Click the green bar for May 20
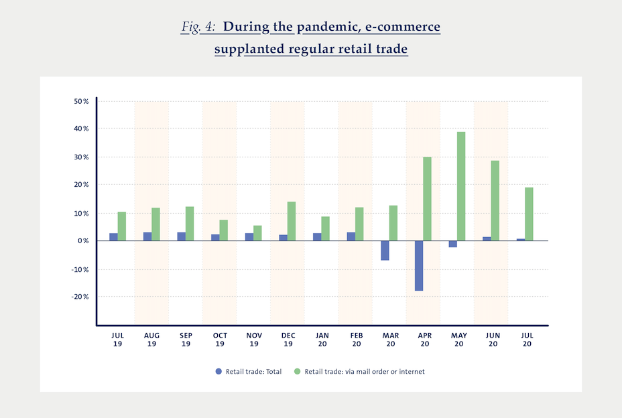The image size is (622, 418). pyautogui.click(x=461, y=186)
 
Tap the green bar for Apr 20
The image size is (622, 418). pyautogui.click(x=427, y=199)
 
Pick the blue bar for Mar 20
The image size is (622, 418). pyautogui.click(x=385, y=251)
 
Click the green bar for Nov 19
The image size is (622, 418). pyautogui.click(x=257, y=233)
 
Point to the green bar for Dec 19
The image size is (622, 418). pyautogui.click(x=292, y=221)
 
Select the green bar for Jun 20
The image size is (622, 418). pyautogui.click(x=495, y=200)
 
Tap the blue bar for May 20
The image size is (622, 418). pyautogui.click(x=453, y=244)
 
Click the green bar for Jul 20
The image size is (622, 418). pyautogui.click(x=529, y=214)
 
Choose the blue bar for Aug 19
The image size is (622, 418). pyautogui.click(x=147, y=236)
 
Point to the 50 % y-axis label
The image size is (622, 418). pyautogui.click(x=81, y=101)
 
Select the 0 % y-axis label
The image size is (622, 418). pyautogui.click(x=83, y=240)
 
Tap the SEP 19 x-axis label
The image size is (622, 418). pyautogui.click(x=186, y=340)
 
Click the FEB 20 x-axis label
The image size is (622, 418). pyautogui.click(x=355, y=340)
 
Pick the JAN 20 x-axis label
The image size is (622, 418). pyautogui.click(x=322, y=340)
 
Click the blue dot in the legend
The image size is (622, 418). pyautogui.click(x=218, y=371)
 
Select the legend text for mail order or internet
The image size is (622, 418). pyautogui.click(x=365, y=371)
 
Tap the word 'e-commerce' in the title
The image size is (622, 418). pyautogui.click(x=406, y=27)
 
